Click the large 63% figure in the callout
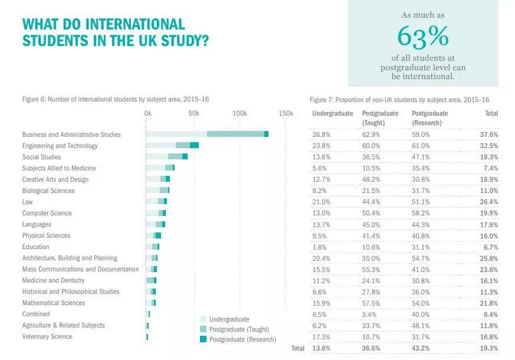(x=422, y=37)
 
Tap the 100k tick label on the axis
(x=240, y=113)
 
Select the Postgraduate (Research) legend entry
(x=242, y=339)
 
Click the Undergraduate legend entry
(x=229, y=319)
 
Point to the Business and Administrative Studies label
(x=71, y=135)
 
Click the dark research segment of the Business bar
(x=267, y=135)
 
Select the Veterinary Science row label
(x=47, y=336)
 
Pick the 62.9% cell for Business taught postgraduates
(x=371, y=135)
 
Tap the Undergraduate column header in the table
(x=333, y=113)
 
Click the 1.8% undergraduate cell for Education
(x=319, y=247)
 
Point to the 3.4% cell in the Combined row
(x=369, y=314)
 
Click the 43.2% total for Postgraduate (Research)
(x=421, y=348)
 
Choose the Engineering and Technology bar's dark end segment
(x=194, y=146)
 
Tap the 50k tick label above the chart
(x=193, y=113)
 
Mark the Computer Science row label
(x=47, y=213)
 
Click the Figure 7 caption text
(x=399, y=99)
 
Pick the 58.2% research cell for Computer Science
(x=421, y=213)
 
